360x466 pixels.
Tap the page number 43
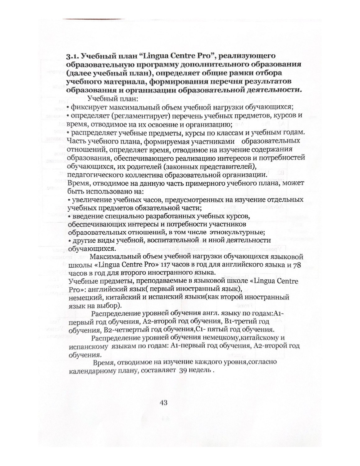click(x=163, y=403)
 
